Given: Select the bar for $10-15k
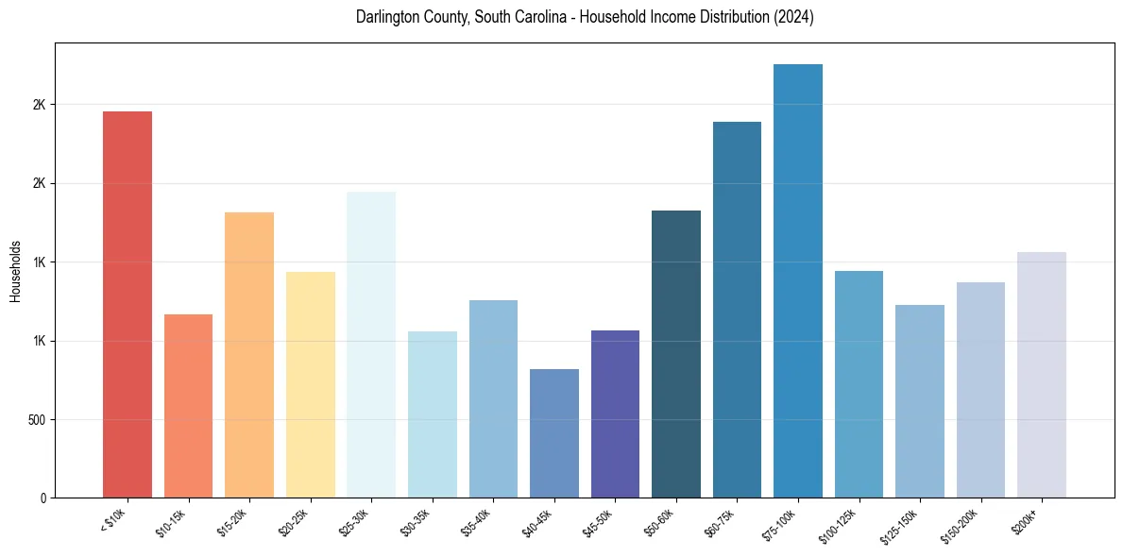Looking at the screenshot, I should [188, 406].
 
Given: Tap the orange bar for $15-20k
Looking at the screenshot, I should [249, 355].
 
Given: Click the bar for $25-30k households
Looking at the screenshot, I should [371, 345].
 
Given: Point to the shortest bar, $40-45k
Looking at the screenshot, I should [554, 433].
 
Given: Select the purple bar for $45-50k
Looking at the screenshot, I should [615, 414].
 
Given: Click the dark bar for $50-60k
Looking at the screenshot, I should [676, 354].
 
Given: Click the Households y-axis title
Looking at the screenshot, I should [15, 270].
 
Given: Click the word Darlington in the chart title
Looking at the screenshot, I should [385, 17].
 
